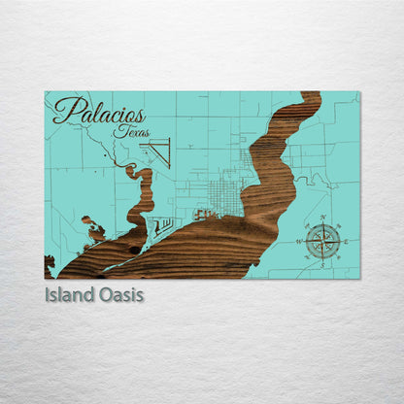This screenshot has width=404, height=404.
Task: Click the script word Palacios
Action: pyautogui.click(x=99, y=111)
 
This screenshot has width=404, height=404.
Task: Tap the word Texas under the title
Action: pyautogui.click(x=131, y=131)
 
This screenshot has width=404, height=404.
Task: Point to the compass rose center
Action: pyautogui.click(x=322, y=238)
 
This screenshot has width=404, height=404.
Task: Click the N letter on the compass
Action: pyautogui.click(x=322, y=217)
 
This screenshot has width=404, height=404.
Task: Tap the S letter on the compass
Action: pyautogui.click(x=322, y=260)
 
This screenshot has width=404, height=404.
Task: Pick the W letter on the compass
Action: pyautogui.click(x=301, y=239)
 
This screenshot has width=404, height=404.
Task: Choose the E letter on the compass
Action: pyautogui.click(x=344, y=239)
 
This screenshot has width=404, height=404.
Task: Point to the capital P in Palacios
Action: pyautogui.click(x=64, y=110)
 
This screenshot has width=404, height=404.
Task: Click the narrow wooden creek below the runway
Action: pyautogui.click(x=142, y=189)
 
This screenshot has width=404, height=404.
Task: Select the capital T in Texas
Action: pyautogui.click(x=118, y=130)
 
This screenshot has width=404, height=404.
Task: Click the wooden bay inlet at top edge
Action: pyautogui.click(x=309, y=100)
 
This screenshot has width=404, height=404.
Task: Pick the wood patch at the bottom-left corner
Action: pyautogui.click(x=50, y=264)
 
